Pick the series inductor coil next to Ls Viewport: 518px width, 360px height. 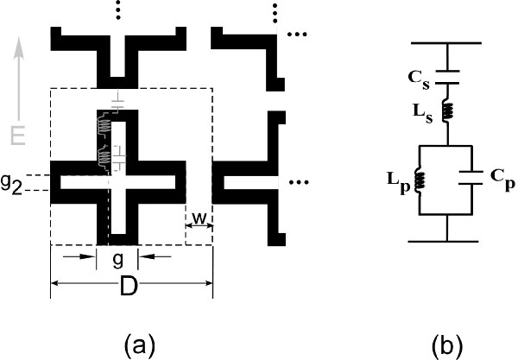pyautogui.click(x=448, y=110)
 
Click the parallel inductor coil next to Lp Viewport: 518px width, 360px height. pyautogui.click(x=421, y=180)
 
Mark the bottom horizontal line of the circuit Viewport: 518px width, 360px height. pyautogui.click(x=448, y=239)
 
